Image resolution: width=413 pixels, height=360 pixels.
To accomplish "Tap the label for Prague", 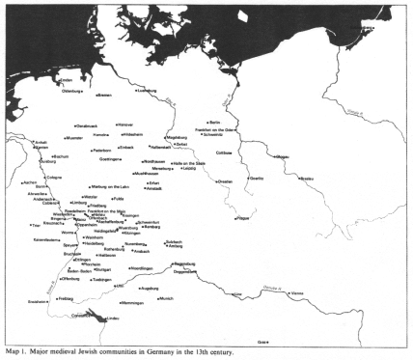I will click(242, 218).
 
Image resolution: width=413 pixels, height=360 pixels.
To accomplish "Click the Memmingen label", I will click(146, 315).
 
